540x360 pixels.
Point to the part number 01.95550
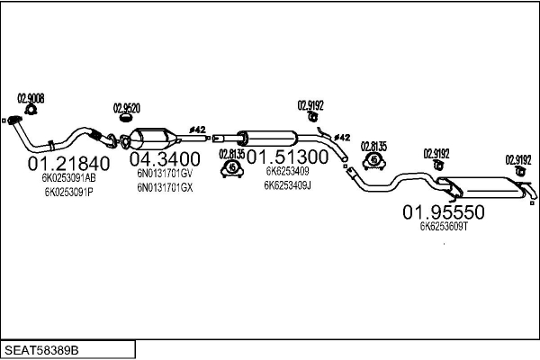444,213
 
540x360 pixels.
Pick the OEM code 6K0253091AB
68,179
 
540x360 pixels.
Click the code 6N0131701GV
165,173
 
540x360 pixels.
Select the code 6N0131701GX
165,187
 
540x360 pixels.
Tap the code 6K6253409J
288,185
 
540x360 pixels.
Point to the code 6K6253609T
444,227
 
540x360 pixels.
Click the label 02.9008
31,98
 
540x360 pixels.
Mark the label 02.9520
126,108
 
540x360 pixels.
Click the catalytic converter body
153,139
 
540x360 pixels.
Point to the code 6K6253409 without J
287,171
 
